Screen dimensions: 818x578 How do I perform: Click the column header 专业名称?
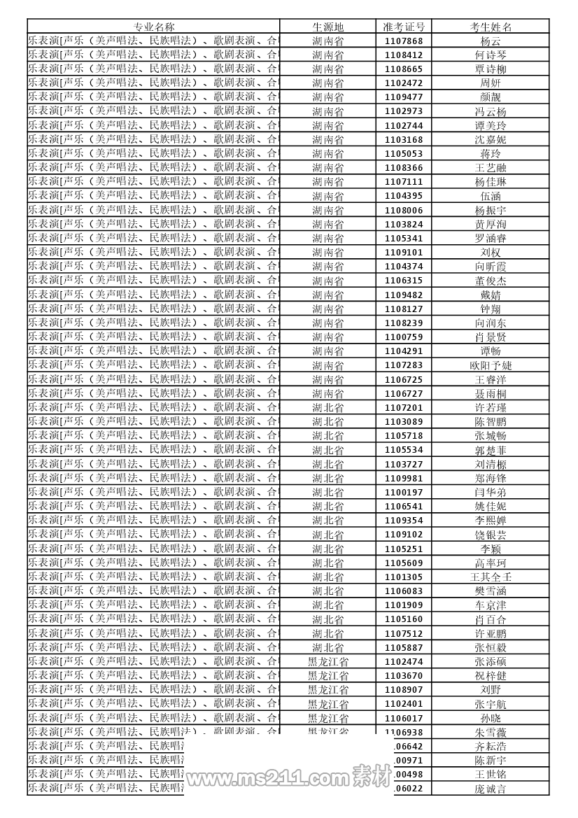pyautogui.click(x=154, y=27)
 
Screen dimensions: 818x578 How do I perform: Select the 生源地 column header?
pyautogui.click(x=327, y=27)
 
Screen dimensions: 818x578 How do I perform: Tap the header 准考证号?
pyautogui.click(x=404, y=27)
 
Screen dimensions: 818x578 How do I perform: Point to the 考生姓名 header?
pyautogui.click(x=491, y=27)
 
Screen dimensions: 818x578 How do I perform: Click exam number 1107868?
pyautogui.click(x=404, y=41)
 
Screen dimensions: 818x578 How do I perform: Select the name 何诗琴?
pyautogui.click(x=491, y=55)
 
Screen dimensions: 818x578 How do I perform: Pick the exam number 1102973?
pyautogui.click(x=404, y=111)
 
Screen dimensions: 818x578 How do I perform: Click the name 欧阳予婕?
pyautogui.click(x=491, y=365)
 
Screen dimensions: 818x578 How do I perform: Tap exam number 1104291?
pyautogui.click(x=404, y=351)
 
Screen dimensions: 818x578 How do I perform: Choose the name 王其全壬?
pyautogui.click(x=491, y=577)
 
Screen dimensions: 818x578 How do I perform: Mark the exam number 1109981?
pyautogui.click(x=404, y=479)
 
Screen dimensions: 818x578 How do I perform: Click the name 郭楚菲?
pyautogui.click(x=491, y=450)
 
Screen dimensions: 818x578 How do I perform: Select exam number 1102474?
pyautogui.click(x=404, y=662)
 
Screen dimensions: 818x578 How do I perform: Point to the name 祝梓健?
pyautogui.click(x=491, y=676)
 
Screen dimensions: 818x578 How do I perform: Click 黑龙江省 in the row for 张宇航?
pyautogui.click(x=327, y=704)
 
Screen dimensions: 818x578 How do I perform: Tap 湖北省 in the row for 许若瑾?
pyautogui.click(x=327, y=408)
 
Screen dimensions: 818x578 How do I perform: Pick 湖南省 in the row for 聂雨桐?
pyautogui.click(x=327, y=394)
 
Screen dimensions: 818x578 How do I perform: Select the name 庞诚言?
pyautogui.click(x=491, y=789)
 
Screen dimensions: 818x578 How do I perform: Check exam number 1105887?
pyautogui.click(x=404, y=647)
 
